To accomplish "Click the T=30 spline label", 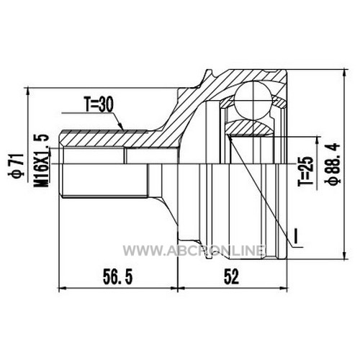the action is tap(98, 104).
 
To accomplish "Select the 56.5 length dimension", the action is tap(117, 276).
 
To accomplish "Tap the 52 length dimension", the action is tap(231, 276).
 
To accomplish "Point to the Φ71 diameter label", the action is tap(18, 166).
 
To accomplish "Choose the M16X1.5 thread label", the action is tap(42, 161).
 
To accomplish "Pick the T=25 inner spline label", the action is tap(306, 171).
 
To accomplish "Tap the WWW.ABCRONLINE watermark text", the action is tap(194, 251).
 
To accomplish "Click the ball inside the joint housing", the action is tap(253, 101).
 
